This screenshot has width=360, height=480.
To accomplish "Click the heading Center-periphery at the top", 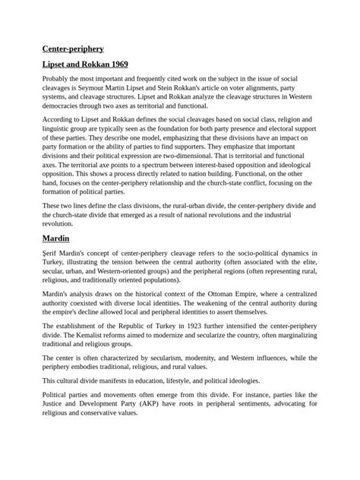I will coord(74,48).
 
